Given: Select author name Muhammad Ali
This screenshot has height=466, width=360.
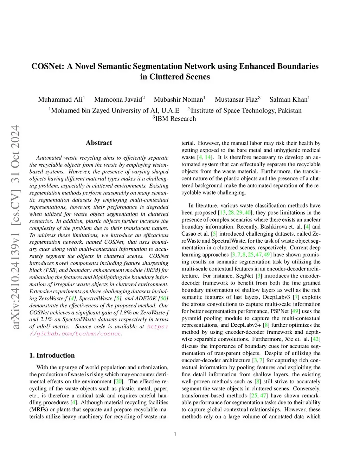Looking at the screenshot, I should [x=60, y=100].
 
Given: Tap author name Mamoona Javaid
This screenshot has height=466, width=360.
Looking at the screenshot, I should [x=118, y=100].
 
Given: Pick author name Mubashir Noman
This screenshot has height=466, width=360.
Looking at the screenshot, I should [x=178, y=100].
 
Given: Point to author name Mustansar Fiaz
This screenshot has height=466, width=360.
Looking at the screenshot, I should [x=236, y=100].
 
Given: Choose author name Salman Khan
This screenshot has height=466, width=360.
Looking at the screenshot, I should [x=288, y=100].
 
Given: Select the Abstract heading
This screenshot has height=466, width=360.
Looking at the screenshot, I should [x=99, y=143].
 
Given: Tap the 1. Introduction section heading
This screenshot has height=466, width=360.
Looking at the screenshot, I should [x=52, y=356].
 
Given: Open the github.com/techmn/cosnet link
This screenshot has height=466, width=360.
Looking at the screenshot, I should [x=75, y=334].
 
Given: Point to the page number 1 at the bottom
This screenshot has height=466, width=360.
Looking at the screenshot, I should [x=175, y=434].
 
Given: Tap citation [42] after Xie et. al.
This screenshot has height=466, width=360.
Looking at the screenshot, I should [x=316, y=339].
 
